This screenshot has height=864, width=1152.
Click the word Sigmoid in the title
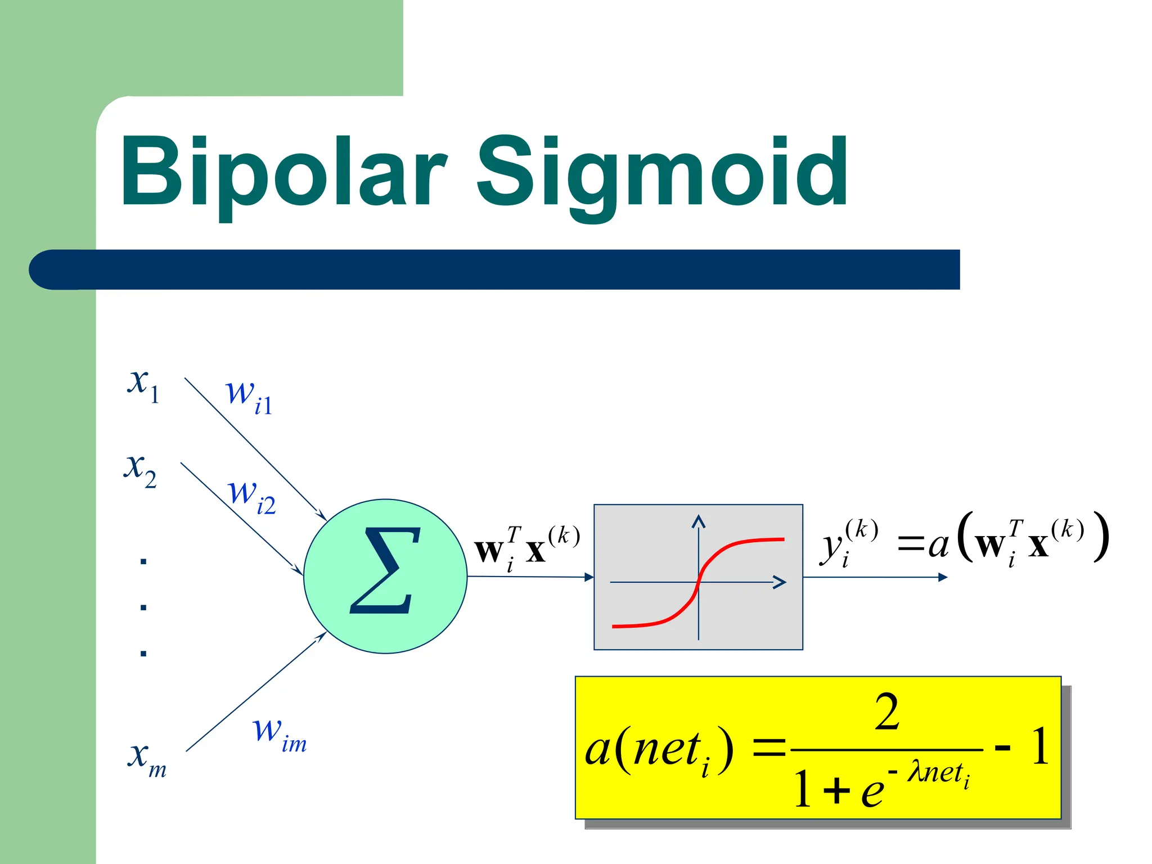pos(662,172)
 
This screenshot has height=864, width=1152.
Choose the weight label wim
pos(279,733)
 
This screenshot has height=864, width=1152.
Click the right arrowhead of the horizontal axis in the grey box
pos(780,582)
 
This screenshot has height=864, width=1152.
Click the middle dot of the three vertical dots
pos(143,607)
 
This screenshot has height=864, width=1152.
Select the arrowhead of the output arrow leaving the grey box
pos(943,577)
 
